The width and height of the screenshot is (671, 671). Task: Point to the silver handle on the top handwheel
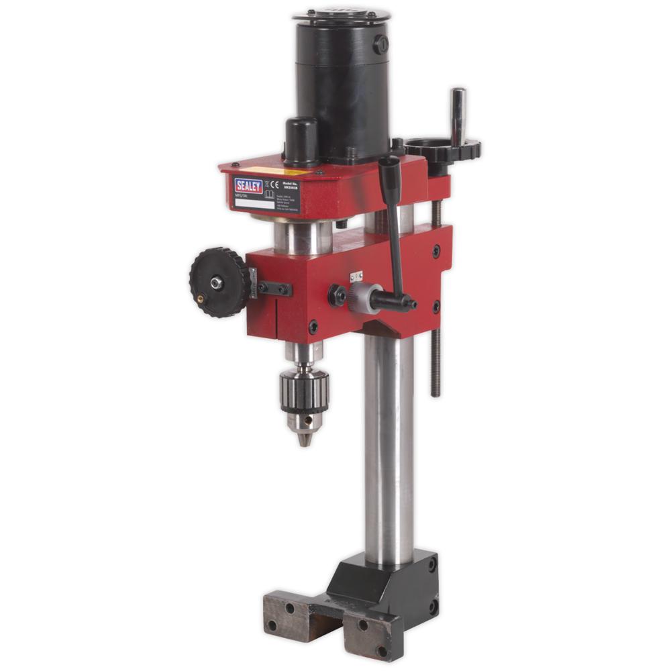click(458, 114)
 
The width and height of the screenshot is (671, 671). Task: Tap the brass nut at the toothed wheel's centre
click(216, 284)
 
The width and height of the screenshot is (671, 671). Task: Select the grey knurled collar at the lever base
click(362, 296)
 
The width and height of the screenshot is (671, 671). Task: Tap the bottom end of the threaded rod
click(435, 393)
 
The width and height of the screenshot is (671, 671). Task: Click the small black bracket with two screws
click(274, 289)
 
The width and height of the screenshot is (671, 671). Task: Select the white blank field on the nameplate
click(255, 203)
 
